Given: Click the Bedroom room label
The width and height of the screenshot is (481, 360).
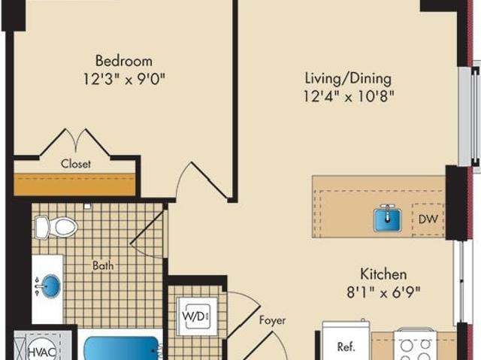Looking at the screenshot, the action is tap(124, 61).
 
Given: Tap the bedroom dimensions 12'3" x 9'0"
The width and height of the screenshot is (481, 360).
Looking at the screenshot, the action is tap(124, 80).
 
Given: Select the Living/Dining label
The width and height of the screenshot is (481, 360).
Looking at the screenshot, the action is tap(348, 79).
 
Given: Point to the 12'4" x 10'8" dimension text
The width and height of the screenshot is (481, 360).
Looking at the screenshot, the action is tap(349, 97).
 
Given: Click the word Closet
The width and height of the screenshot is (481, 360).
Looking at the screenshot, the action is tap(76, 164).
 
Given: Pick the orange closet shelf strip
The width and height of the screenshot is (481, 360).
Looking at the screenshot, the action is tap(74, 184).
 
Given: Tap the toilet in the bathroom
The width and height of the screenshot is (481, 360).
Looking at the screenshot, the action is tap(56, 227).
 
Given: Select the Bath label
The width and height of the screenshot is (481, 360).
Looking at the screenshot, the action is tap(103, 265).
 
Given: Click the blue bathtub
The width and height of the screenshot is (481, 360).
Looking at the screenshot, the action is tap(122, 348).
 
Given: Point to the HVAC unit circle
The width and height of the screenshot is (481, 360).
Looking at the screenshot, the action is tap(42, 350).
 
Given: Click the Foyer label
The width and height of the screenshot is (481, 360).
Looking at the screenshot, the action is tap(272, 320).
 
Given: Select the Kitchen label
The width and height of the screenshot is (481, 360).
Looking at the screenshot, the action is tap(383, 274).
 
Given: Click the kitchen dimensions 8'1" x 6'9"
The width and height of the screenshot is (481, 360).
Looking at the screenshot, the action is tap(383, 292).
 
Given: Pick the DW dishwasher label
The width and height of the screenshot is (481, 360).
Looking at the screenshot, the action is tap(428, 219).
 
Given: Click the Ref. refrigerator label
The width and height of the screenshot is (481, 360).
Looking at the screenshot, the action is tap(346, 346).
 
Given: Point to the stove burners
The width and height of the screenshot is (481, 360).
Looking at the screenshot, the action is tap(416, 349).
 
